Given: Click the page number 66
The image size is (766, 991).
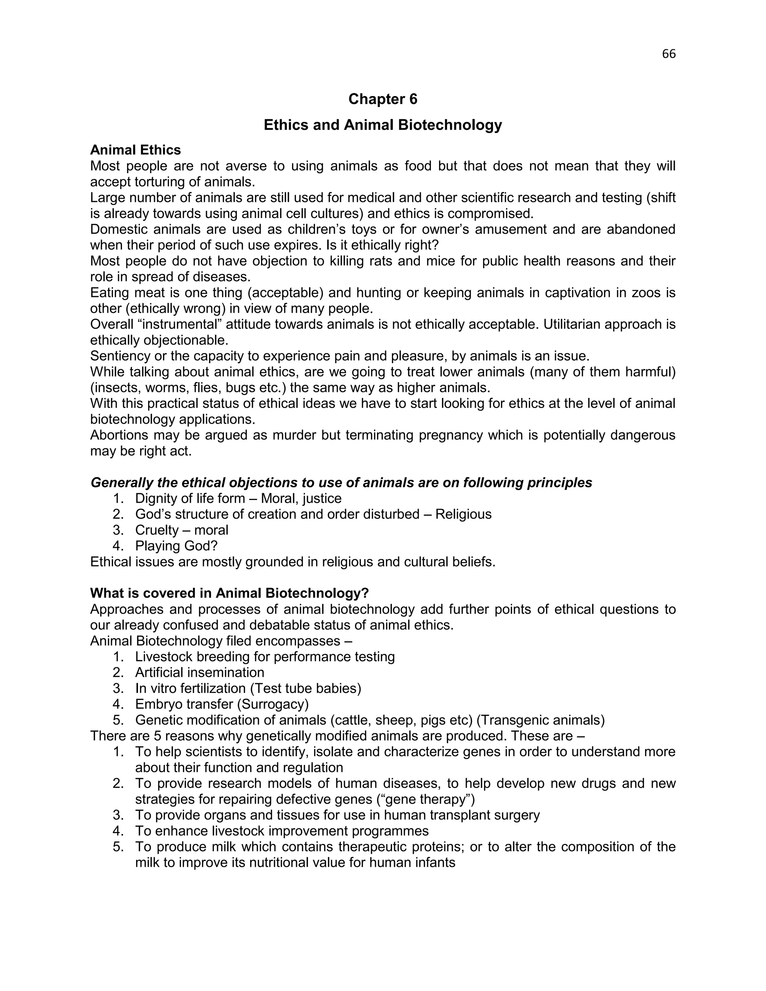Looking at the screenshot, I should click(668, 54).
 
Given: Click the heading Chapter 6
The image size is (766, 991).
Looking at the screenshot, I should click(383, 99).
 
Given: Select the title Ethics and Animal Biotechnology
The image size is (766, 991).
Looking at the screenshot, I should click(383, 125).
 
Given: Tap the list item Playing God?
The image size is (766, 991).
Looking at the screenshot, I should click(176, 546).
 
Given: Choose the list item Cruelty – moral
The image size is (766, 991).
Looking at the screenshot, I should click(181, 530).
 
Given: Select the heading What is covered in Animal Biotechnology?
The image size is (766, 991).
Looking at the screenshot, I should click(229, 593).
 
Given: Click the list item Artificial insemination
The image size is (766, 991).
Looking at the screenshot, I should click(199, 672).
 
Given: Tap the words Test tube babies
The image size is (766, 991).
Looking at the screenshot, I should click(306, 688).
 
